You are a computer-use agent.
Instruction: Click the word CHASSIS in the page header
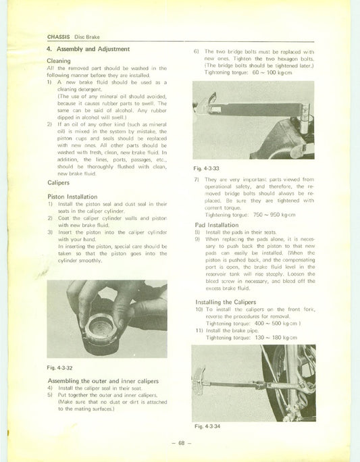click(x=59, y=36)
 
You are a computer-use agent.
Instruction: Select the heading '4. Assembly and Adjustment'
click(x=88, y=50)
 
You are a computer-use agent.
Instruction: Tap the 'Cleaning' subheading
click(x=61, y=61)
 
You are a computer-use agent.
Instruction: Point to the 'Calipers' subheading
click(x=61, y=183)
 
